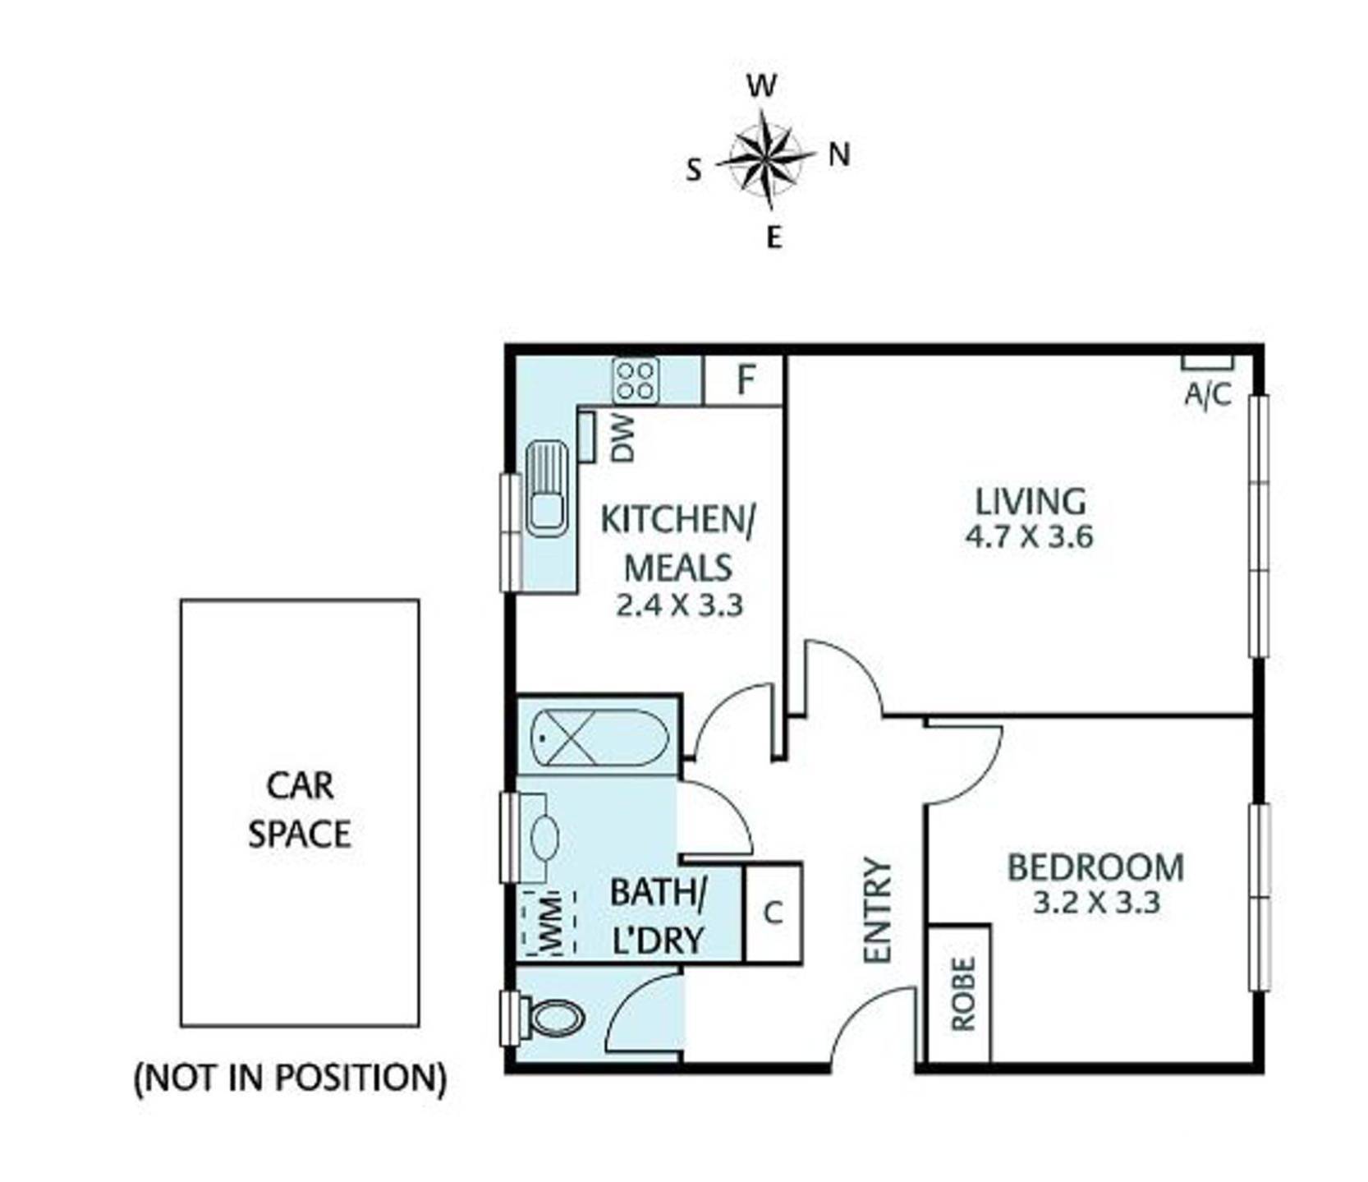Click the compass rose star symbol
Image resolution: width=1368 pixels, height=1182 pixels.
click(765, 157)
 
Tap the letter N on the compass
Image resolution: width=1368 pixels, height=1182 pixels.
click(838, 154)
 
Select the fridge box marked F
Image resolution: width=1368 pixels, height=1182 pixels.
click(744, 380)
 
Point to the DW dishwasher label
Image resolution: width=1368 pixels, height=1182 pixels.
click(623, 438)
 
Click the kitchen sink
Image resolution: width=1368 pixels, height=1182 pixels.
click(547, 489)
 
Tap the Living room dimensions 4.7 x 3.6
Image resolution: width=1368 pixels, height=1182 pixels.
click(1029, 537)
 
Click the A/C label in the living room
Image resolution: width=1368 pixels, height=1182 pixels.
click(1207, 395)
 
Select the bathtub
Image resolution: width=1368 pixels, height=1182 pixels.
click(599, 737)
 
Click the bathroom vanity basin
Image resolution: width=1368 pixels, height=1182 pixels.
click(543, 838)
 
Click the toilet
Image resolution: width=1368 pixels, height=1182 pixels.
click(556, 1019)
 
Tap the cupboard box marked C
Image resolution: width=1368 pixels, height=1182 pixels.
click(773, 912)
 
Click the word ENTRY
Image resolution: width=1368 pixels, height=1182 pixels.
click(878, 909)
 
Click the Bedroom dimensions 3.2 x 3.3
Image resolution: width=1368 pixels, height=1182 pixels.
click(1095, 903)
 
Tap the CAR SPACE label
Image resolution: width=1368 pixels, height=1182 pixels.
click(300, 810)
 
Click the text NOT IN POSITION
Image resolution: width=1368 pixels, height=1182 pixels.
click(290, 1077)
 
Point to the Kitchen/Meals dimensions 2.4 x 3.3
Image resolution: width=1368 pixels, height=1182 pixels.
click(679, 605)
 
